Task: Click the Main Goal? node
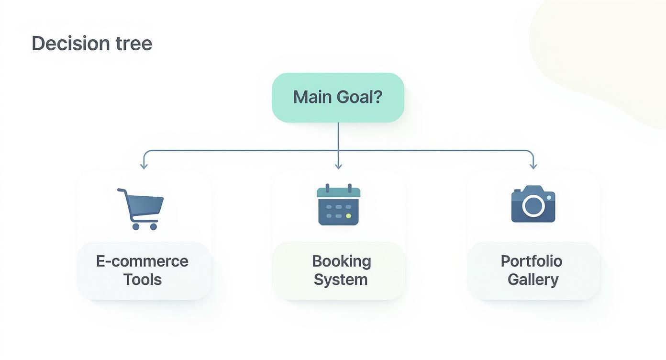(x=338, y=98)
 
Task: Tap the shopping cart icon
(x=141, y=209)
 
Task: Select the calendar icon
(x=338, y=204)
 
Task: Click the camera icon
(x=533, y=204)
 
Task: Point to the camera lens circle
(x=533, y=206)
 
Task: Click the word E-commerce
(x=142, y=261)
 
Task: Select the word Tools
(x=143, y=280)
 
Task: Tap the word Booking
(x=341, y=261)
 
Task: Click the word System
(x=340, y=280)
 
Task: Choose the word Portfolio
(x=531, y=261)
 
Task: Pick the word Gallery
(x=533, y=280)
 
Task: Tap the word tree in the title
(x=134, y=44)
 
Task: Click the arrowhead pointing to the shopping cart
(x=144, y=166)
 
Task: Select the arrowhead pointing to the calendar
(x=338, y=166)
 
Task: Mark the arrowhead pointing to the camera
(x=533, y=166)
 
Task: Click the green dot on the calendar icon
(x=348, y=216)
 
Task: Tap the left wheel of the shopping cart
(x=136, y=226)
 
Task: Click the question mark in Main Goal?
(x=377, y=97)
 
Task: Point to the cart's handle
(x=122, y=191)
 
